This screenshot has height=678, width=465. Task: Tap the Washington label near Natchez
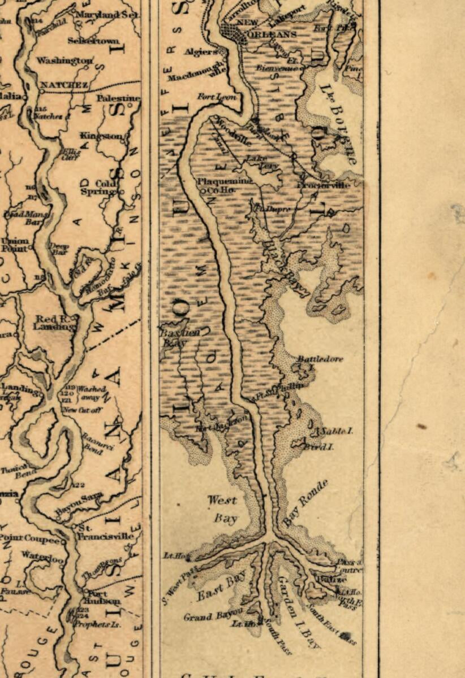(65, 60)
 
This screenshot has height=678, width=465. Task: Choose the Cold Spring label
(107, 188)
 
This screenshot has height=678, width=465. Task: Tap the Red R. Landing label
(54, 323)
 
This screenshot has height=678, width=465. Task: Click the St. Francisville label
(107, 532)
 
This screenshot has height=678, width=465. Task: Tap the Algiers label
(201, 51)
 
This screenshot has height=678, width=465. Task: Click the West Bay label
(222, 508)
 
